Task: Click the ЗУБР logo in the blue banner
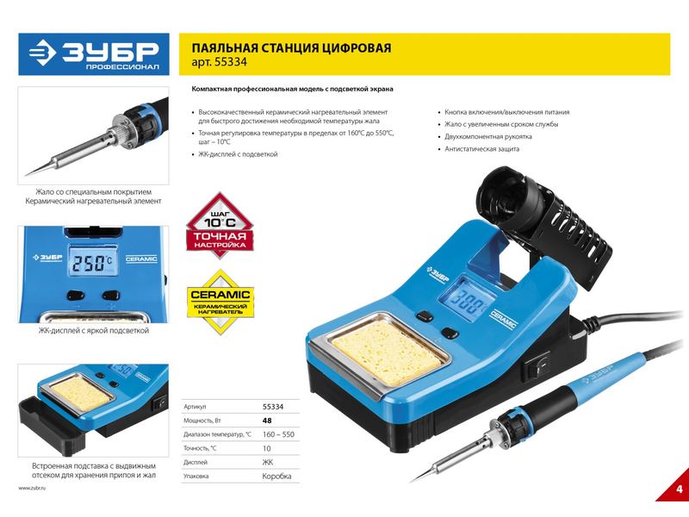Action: pyautogui.click(x=94, y=54)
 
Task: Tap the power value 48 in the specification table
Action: pyautogui.click(x=267, y=420)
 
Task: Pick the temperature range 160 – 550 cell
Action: pyautogui.click(x=278, y=434)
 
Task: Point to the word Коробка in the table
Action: pyautogui.click(x=276, y=477)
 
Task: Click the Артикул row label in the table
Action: pyautogui.click(x=195, y=407)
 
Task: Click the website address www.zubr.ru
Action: pyautogui.click(x=32, y=488)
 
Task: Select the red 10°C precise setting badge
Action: pyautogui.click(x=220, y=225)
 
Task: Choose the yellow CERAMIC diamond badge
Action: pyautogui.click(x=220, y=302)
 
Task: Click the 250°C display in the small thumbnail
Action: pyautogui.click(x=92, y=263)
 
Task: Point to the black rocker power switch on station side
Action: pyautogui.click(x=537, y=365)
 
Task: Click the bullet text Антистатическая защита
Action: pyautogui.click(x=481, y=149)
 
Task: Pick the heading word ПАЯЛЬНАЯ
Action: pyautogui.click(x=224, y=47)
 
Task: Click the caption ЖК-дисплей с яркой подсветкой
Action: pyautogui.click(x=94, y=331)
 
